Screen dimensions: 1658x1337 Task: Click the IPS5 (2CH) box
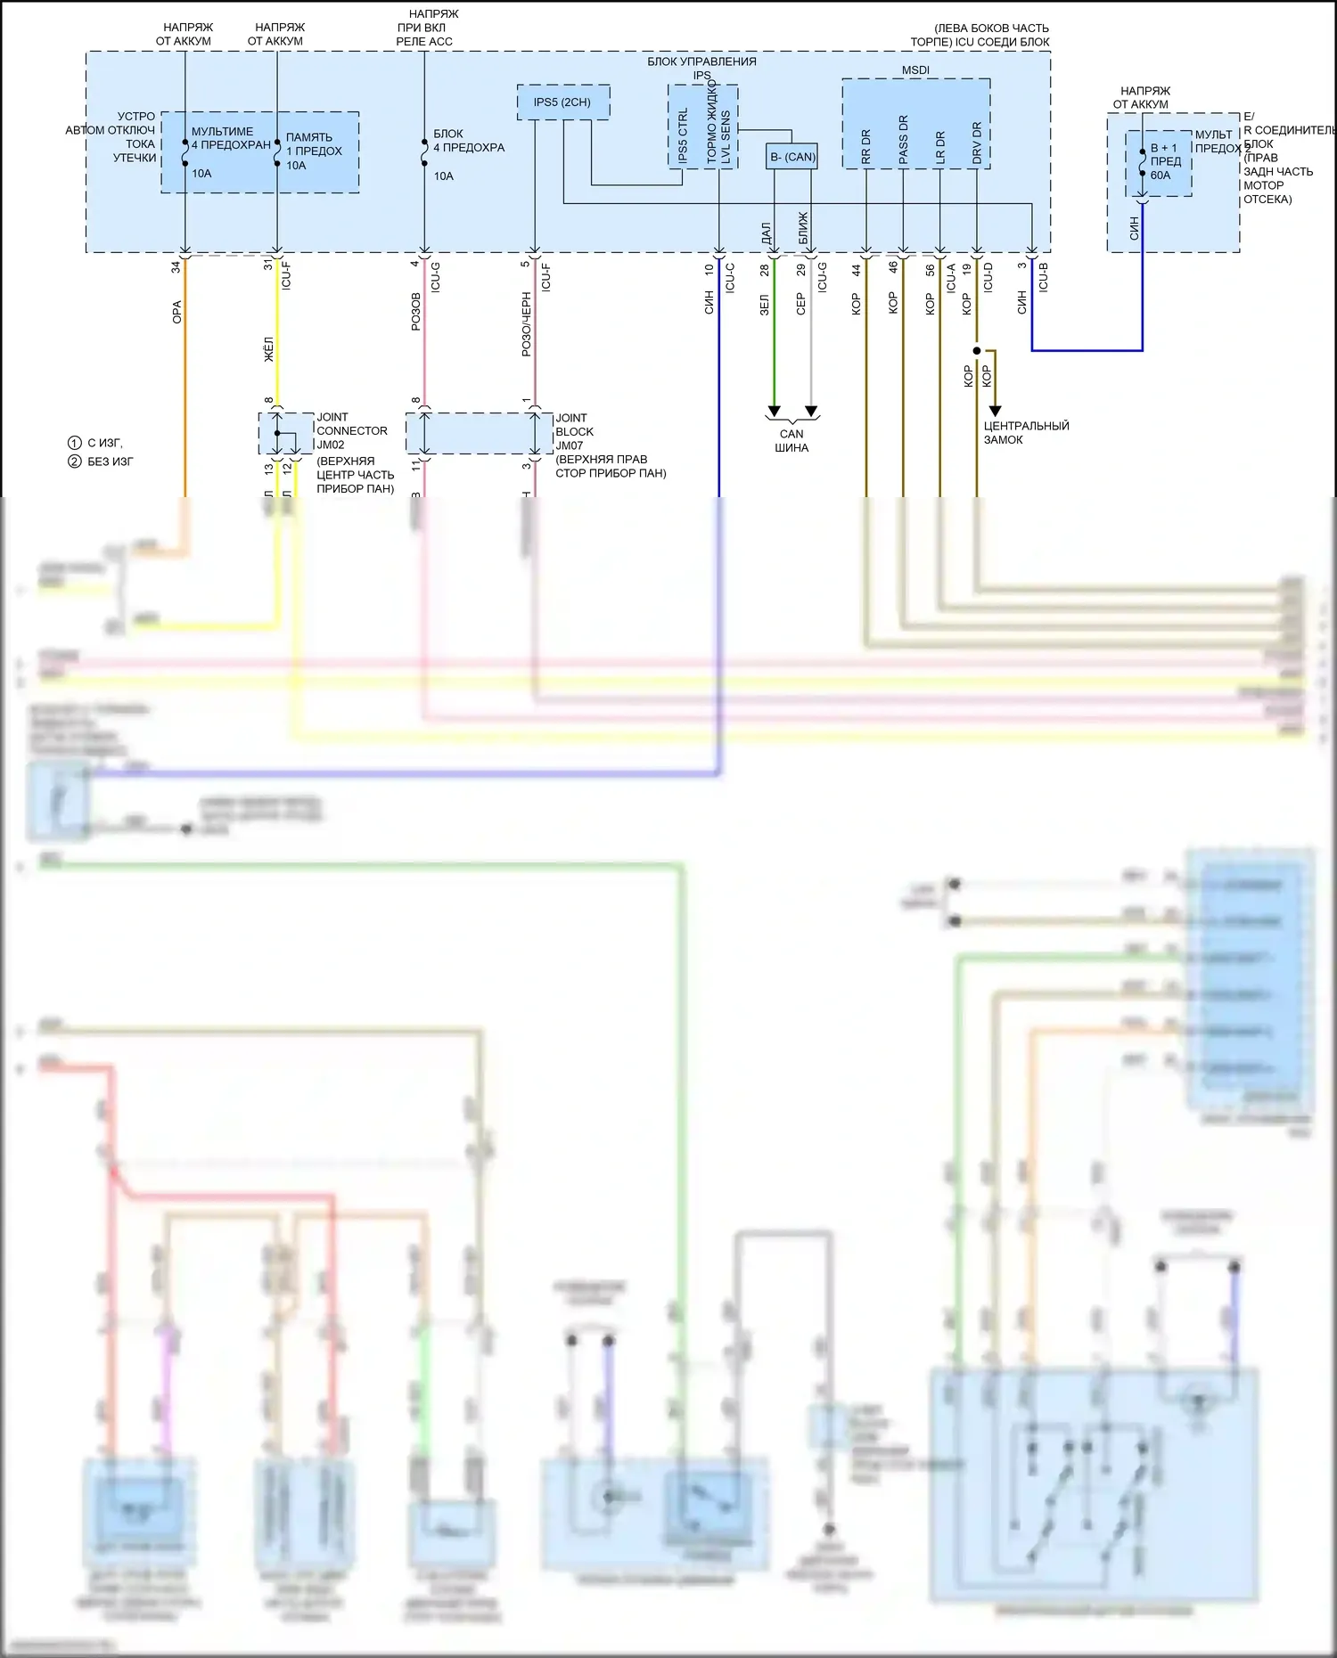(562, 102)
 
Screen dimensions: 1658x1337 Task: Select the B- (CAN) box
(792, 157)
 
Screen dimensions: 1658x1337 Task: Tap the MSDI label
(915, 70)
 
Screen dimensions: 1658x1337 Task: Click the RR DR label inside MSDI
(866, 147)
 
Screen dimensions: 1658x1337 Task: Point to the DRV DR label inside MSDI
(977, 143)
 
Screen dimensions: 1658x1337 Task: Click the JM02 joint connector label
(331, 445)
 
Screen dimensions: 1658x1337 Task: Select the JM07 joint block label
(569, 445)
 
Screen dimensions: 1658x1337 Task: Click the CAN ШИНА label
(792, 441)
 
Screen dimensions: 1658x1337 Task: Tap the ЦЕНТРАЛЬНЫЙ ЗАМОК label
(1026, 433)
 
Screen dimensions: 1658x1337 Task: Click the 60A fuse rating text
(1161, 176)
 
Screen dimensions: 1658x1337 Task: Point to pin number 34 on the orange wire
(176, 265)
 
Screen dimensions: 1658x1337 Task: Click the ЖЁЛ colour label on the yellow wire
(269, 348)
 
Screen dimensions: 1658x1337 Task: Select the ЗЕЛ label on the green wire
(765, 305)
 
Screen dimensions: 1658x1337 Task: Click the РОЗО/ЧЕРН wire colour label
(527, 325)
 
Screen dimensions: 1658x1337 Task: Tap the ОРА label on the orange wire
(177, 312)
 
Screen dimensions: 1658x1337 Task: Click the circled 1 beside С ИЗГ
(75, 443)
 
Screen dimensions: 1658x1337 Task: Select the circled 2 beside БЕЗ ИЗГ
(75, 461)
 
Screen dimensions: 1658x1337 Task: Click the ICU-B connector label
(1044, 277)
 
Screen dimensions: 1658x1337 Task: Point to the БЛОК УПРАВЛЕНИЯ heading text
(701, 61)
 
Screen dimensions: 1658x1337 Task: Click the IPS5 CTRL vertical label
(684, 135)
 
